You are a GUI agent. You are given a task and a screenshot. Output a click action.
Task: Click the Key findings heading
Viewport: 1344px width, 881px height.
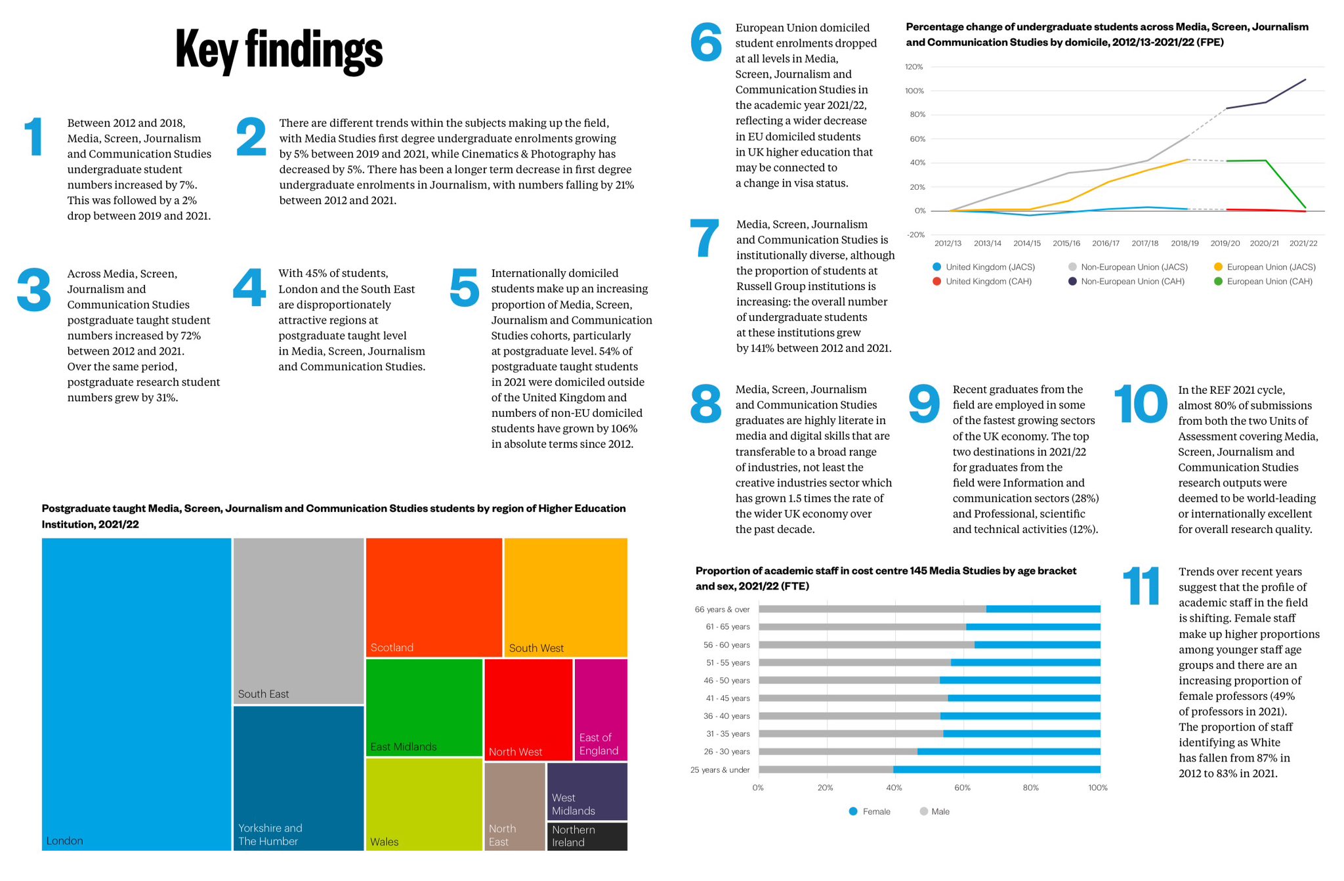279,50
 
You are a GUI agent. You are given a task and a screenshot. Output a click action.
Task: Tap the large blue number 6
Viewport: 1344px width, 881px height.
706,43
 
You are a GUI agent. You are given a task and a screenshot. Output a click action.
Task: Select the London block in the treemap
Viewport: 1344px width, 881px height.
136,694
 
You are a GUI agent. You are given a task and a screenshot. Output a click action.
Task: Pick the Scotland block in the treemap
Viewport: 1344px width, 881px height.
434,597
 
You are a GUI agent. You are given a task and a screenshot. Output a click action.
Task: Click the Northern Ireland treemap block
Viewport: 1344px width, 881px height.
587,836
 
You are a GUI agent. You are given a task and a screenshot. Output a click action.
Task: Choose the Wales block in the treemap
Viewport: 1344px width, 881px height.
424,804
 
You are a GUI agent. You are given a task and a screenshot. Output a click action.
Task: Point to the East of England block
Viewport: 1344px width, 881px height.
600,709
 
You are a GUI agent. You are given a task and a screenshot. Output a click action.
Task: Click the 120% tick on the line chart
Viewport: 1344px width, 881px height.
914,67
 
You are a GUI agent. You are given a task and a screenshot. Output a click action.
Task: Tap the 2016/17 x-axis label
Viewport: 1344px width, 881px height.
1106,244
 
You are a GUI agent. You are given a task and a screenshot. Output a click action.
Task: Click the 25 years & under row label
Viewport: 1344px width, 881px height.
720,770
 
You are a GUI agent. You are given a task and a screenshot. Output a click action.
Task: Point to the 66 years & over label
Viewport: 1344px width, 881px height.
722,610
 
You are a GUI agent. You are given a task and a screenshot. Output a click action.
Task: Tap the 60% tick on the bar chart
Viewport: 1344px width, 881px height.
962,788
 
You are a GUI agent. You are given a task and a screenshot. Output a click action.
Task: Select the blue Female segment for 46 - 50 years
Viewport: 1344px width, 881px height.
1020,681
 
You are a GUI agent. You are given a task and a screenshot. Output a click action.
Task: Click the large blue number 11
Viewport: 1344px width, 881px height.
1141,586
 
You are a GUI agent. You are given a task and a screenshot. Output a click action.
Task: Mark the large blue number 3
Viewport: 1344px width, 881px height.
34,290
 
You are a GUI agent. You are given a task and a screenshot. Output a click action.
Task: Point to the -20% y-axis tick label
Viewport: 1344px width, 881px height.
915,235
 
